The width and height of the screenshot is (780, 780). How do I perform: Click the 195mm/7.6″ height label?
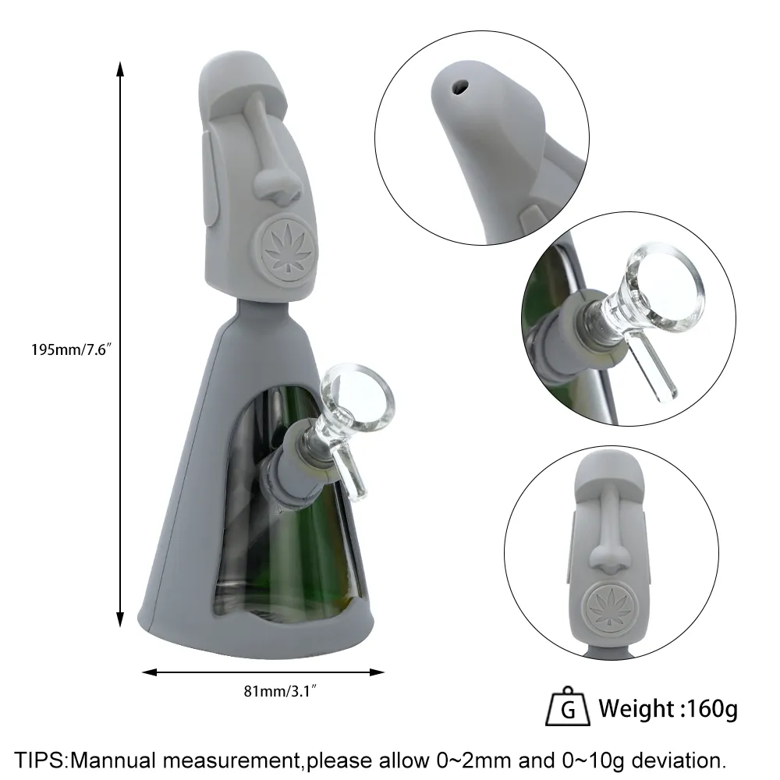tap(69, 349)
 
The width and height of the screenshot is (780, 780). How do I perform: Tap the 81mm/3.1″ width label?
tap(281, 691)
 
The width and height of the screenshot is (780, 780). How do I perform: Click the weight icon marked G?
tap(568, 707)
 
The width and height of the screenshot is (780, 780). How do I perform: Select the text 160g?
tap(712, 709)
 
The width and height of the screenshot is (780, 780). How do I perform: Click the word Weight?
tap(636, 709)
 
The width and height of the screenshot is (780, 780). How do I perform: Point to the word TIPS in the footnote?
tap(40, 760)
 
